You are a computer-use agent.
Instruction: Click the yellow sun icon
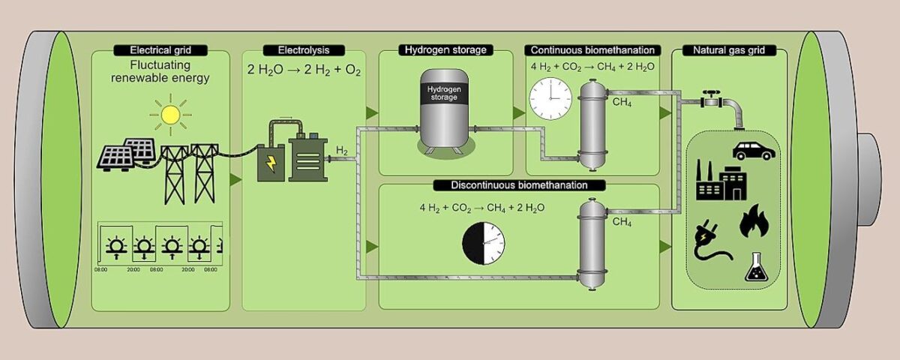[170, 114]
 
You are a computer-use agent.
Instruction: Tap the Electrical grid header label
[160, 50]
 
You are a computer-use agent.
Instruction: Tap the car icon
[754, 149]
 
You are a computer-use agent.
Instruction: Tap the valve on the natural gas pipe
[709, 98]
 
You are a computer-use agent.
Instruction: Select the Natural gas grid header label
[728, 50]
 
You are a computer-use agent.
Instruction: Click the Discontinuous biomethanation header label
[519, 184]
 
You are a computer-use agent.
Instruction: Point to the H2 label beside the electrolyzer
[341, 151]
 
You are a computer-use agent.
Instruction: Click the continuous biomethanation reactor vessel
[592, 124]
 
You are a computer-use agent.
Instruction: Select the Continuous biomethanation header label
[593, 50]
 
